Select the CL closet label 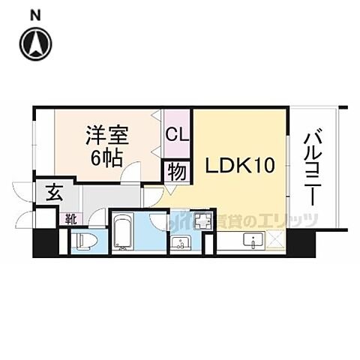pos(177,136)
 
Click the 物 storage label pos(177,170)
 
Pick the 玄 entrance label pos(55,192)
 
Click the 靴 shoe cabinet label pos(70,219)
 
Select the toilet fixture pos(83,241)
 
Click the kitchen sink pos(254,242)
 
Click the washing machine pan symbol pos(202,221)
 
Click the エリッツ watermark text pos(289,220)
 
